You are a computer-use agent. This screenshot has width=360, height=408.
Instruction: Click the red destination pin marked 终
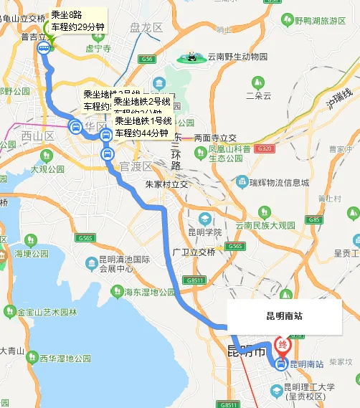pyautogui.click(x=284, y=346)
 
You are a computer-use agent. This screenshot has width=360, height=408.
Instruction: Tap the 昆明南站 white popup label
pyautogui.click(x=284, y=315)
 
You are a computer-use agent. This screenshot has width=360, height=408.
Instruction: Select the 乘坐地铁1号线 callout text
pyautogui.click(x=141, y=127)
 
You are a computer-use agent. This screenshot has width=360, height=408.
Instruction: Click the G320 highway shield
pyautogui.click(x=264, y=149)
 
